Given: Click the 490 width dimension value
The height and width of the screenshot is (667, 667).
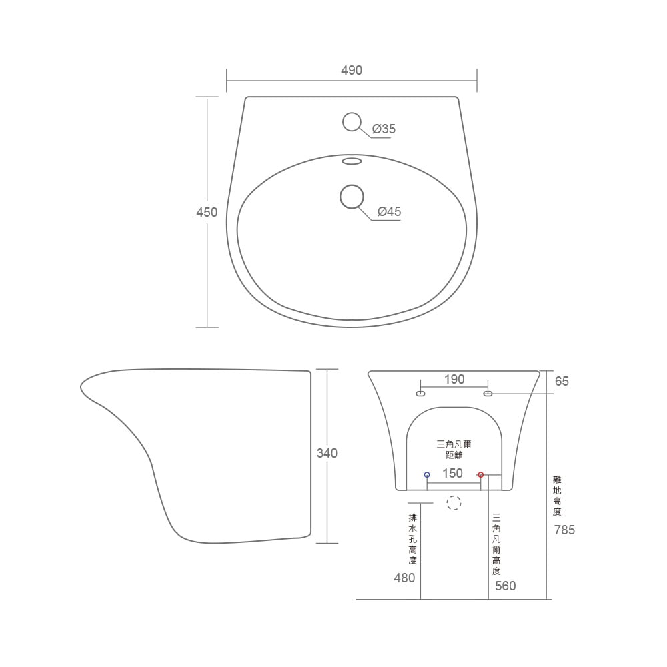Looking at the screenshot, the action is (x=352, y=70).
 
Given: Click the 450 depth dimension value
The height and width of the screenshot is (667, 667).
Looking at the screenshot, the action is (x=207, y=212).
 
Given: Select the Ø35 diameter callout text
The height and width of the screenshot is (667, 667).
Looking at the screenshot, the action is (x=384, y=129).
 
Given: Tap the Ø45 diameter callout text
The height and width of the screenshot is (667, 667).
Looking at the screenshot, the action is (x=390, y=211).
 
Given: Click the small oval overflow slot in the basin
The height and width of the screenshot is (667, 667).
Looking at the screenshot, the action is (x=352, y=161).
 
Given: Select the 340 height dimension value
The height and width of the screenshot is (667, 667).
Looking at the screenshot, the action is (x=327, y=453).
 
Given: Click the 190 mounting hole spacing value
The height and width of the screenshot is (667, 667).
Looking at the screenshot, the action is (x=454, y=379).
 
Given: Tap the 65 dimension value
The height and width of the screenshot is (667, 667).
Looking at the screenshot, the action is (x=562, y=381).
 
